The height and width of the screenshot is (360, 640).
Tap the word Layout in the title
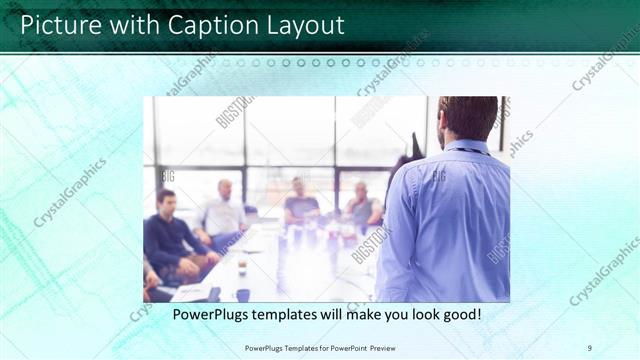[304, 24]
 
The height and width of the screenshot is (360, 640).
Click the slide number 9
[590, 348]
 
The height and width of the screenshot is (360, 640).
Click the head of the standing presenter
[468, 118]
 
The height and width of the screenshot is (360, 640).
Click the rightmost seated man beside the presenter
[362, 207]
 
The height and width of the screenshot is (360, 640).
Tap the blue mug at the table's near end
[243, 294]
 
